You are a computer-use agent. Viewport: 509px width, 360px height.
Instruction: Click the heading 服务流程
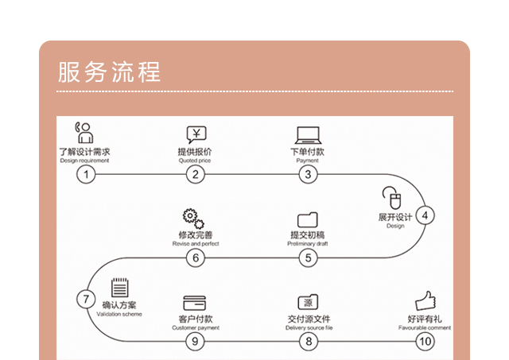(110, 72)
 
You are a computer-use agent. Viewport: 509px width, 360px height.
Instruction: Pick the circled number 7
(85, 299)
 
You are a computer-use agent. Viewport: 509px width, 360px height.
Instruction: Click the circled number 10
(425, 342)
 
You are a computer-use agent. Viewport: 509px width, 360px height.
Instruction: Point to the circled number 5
(308, 257)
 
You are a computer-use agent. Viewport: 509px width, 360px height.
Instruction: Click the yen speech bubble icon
(196, 134)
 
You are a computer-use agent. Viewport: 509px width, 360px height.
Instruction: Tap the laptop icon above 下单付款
(307, 134)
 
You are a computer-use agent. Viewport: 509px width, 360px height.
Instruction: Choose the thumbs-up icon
(426, 300)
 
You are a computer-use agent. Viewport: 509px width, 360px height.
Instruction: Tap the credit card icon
(194, 303)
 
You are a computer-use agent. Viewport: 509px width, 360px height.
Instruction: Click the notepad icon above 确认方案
(119, 287)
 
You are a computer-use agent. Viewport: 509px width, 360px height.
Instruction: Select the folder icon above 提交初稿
(307, 219)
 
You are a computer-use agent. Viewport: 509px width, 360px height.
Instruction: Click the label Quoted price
(195, 161)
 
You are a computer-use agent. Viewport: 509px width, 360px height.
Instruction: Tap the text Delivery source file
(309, 327)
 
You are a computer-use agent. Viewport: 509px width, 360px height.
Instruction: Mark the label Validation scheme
(119, 315)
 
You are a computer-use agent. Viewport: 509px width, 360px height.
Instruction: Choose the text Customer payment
(195, 327)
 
